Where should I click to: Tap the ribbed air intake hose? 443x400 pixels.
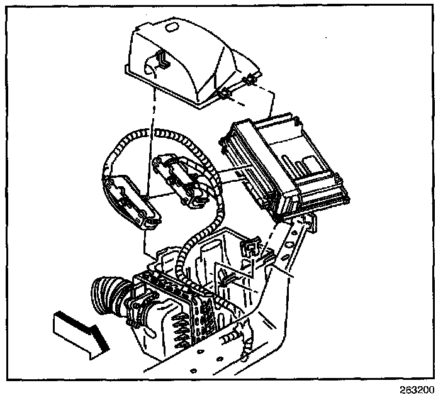108,296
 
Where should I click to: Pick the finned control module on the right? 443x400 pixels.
283,164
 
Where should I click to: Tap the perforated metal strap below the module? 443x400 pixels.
296,242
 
